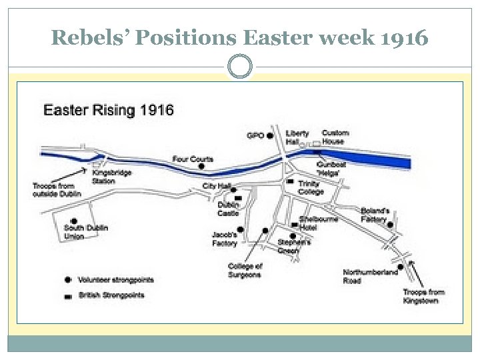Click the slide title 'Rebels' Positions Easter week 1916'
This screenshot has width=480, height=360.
click(x=239, y=38)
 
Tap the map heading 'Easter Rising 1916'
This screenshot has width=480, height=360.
click(x=109, y=110)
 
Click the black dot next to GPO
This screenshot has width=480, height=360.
click(x=270, y=135)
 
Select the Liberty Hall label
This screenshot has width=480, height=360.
click(x=297, y=137)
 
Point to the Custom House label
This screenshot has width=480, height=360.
click(x=335, y=137)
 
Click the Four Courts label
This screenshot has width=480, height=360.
click(x=193, y=159)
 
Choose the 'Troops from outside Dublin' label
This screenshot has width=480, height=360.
click(x=57, y=189)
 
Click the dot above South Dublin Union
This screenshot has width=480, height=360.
click(x=74, y=221)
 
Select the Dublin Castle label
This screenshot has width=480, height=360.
click(x=227, y=209)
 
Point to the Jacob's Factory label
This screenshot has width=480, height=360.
click(x=224, y=239)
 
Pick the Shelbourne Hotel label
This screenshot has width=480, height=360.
click(x=318, y=223)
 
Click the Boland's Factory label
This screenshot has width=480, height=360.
click(x=374, y=215)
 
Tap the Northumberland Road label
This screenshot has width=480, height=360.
click(x=370, y=276)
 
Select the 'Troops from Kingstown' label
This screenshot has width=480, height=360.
click(x=423, y=296)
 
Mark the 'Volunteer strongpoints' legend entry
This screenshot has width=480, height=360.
click(x=115, y=280)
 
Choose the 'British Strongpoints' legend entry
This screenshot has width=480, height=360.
click(x=111, y=295)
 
